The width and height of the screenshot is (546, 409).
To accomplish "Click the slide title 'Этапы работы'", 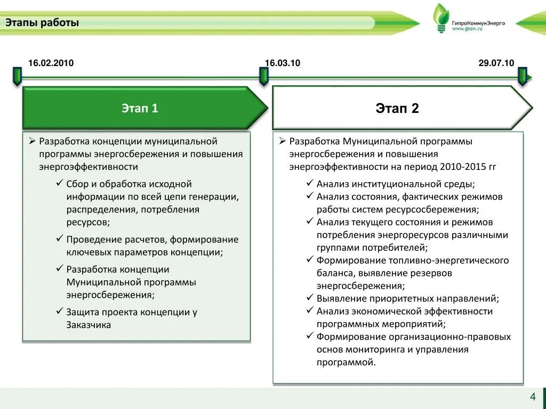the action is point(42,23).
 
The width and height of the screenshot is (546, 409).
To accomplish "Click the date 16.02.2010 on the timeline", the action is point(51,63).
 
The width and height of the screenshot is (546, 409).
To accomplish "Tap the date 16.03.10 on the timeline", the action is point(283,63).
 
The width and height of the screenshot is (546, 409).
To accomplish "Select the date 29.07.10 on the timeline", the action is point(496,63).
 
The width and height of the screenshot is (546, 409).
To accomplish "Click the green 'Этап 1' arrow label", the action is point(140,109).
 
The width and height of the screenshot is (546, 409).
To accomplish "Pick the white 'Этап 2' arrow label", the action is point(397,109).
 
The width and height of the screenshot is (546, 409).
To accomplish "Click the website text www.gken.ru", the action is point(467,30).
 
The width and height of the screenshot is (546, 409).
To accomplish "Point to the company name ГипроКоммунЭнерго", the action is point(478,23).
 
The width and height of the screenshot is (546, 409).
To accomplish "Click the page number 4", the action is point(532,397).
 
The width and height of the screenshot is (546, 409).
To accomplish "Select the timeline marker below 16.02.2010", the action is point(17,76).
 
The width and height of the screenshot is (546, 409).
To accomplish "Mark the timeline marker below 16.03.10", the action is point(263,76).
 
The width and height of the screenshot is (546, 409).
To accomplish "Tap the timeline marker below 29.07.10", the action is point(523,76).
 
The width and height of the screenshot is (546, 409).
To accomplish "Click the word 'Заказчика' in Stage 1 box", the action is point(89,325).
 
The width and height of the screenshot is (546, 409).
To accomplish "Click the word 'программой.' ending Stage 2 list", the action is point(346,362).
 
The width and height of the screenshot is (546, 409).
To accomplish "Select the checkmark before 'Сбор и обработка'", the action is point(59,184).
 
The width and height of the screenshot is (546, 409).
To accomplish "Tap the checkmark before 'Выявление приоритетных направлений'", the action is point(310,298).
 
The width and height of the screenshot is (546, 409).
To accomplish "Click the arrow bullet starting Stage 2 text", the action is point(283,141).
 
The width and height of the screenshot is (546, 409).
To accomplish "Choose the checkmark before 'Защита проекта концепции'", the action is point(59,312).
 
